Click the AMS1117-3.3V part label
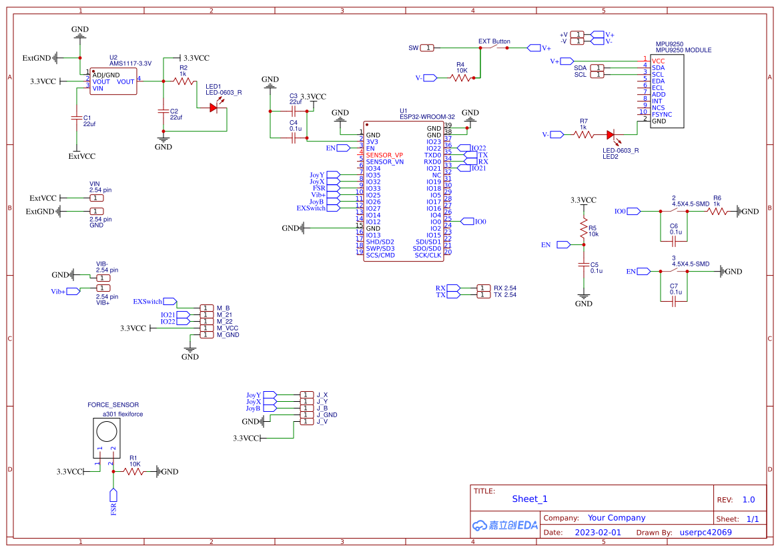point(130,63)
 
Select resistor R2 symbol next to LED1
point(183,81)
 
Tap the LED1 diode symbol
point(214,107)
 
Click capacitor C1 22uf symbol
point(76,117)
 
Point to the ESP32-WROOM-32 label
point(427,117)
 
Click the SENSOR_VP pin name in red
point(384,155)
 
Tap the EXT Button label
point(494,41)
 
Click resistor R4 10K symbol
point(461,78)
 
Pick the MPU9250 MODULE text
point(683,50)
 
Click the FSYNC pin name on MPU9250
point(662,115)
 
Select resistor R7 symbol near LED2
point(583,135)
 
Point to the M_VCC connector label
point(228,328)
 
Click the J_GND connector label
point(326,415)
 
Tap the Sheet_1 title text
point(529,499)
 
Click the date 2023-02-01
point(598,533)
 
